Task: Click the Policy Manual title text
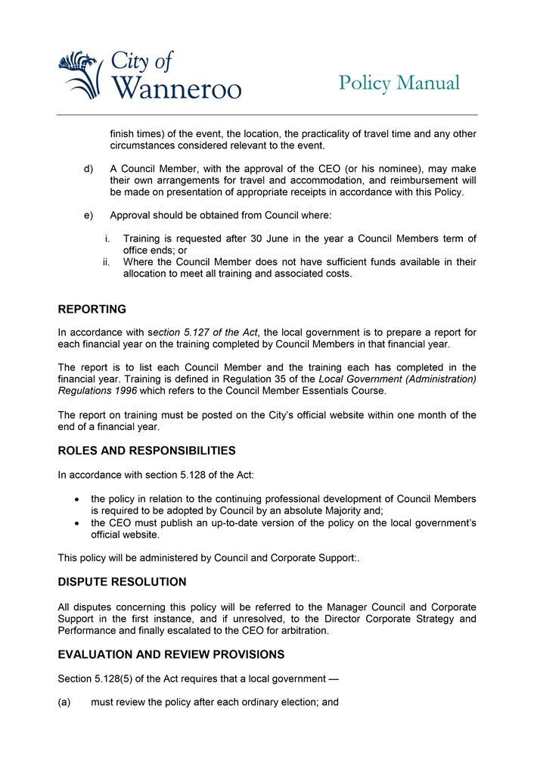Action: coord(399,83)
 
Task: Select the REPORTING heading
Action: coord(92,309)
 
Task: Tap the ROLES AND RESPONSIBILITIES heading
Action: coord(147,451)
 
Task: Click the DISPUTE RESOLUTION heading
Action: coord(122,582)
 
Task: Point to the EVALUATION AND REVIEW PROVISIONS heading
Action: coord(171,654)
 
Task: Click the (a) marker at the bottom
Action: coord(64,702)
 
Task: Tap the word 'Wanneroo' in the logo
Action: coord(176,89)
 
